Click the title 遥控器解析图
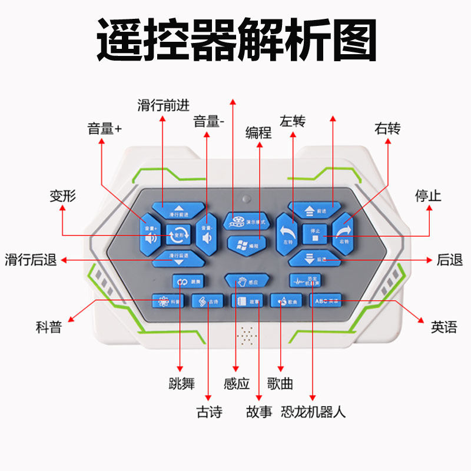pos(235,40)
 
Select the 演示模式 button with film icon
pos(246,221)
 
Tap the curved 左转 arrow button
pos(288,232)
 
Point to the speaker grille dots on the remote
pos(247,337)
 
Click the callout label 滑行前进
pos(163,105)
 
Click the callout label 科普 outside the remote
pos(49,327)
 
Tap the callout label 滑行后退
pos(31,260)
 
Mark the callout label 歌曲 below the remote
pos(280,384)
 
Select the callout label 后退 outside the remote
pos(450,260)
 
